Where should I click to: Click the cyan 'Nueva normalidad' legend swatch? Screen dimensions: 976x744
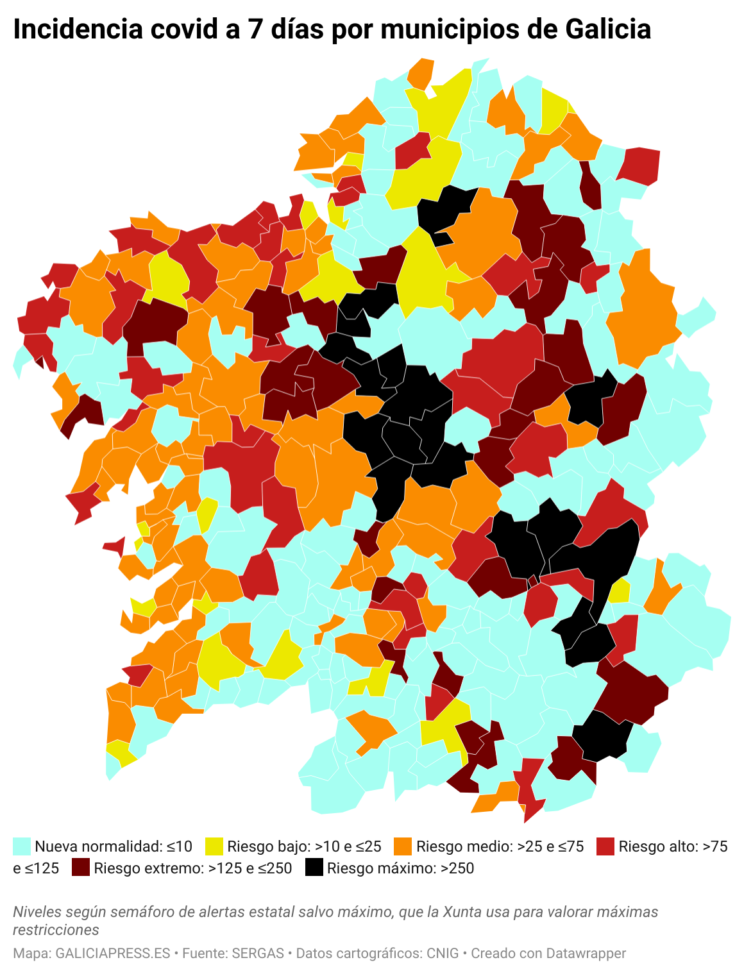coord(22,846)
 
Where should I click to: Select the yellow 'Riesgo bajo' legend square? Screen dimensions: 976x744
coord(214,846)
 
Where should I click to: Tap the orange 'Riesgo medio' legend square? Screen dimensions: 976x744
coord(403,846)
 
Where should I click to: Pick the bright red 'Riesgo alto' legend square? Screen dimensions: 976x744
coord(605,846)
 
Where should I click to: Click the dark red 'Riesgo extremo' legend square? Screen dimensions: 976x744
coord(81,868)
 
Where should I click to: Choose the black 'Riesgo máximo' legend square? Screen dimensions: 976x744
coord(314,868)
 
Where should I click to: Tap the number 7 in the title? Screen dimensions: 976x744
coord(255,29)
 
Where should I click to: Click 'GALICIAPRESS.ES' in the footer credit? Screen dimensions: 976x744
coord(113,954)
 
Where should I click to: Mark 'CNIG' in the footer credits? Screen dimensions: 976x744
coord(443,954)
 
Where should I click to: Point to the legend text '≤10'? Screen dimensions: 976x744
coord(180,846)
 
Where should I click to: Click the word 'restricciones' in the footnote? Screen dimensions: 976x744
coord(56,930)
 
